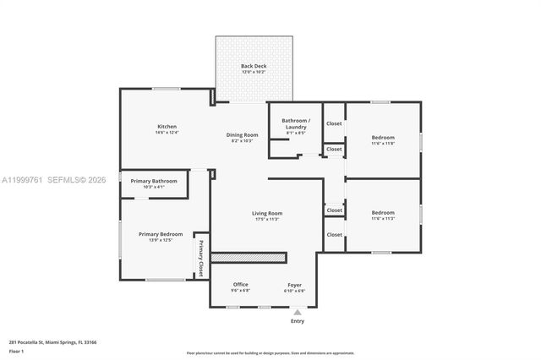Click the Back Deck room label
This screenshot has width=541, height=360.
254,66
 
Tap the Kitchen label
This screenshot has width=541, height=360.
167,126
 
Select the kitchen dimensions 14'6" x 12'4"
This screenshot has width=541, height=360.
167,133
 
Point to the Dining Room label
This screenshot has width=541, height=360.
242,134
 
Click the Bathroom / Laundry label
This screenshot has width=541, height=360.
296,121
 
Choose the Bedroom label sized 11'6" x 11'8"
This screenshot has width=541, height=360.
383,137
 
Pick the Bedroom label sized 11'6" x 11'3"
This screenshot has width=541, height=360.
383,212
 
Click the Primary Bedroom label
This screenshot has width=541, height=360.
161,234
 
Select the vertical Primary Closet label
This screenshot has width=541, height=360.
201,259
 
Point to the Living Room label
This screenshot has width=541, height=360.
267,213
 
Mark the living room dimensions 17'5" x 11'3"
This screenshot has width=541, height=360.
267,220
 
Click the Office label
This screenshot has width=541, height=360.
240,284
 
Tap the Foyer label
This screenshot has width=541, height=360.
294,284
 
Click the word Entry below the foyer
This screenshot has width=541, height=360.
298,321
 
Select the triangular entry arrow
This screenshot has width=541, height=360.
298,312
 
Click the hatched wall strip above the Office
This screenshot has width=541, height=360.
249,257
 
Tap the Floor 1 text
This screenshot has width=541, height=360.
16,351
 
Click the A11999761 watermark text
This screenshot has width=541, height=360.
23,179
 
